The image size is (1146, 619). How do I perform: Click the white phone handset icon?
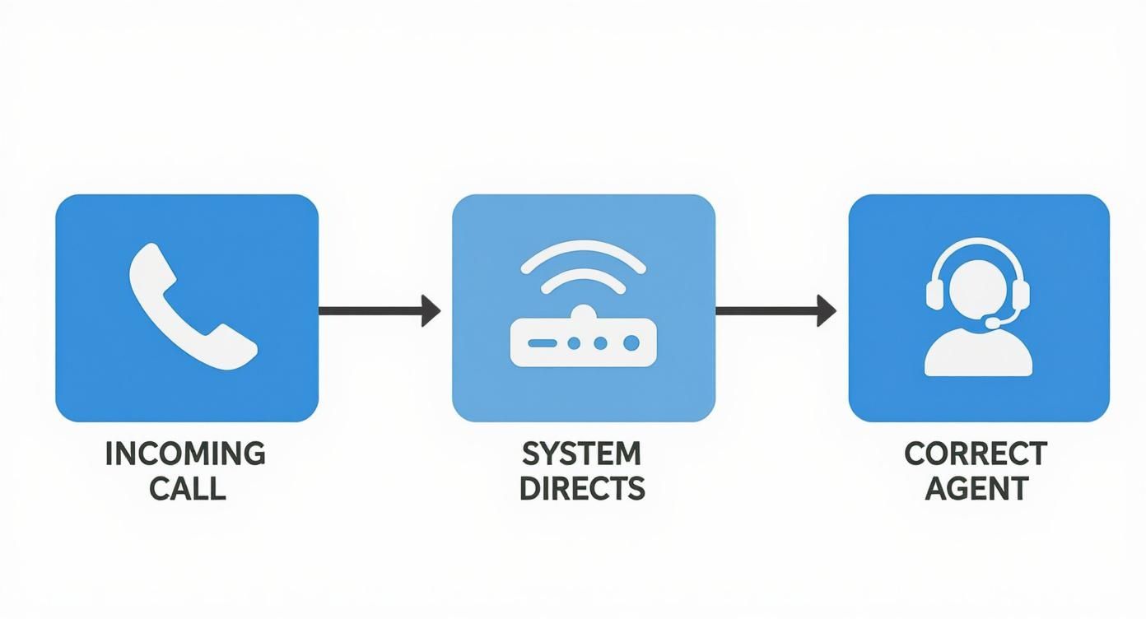coord(191,306)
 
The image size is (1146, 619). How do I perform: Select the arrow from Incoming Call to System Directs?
coord(379,310)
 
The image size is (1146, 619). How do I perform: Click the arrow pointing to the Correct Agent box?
coord(775,310)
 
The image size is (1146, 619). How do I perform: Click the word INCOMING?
coord(186,454)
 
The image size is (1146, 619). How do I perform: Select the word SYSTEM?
coord(582,454)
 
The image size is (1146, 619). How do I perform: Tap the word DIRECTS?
coord(582,489)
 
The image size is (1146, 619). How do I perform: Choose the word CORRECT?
coord(976,454)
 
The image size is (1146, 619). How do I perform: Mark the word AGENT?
coord(976,489)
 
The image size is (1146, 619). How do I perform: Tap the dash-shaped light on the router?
coord(542,342)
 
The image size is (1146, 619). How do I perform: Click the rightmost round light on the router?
coord(631,342)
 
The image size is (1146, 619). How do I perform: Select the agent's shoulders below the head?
coord(978,358)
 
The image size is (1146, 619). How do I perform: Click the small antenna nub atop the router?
coord(583,311)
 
